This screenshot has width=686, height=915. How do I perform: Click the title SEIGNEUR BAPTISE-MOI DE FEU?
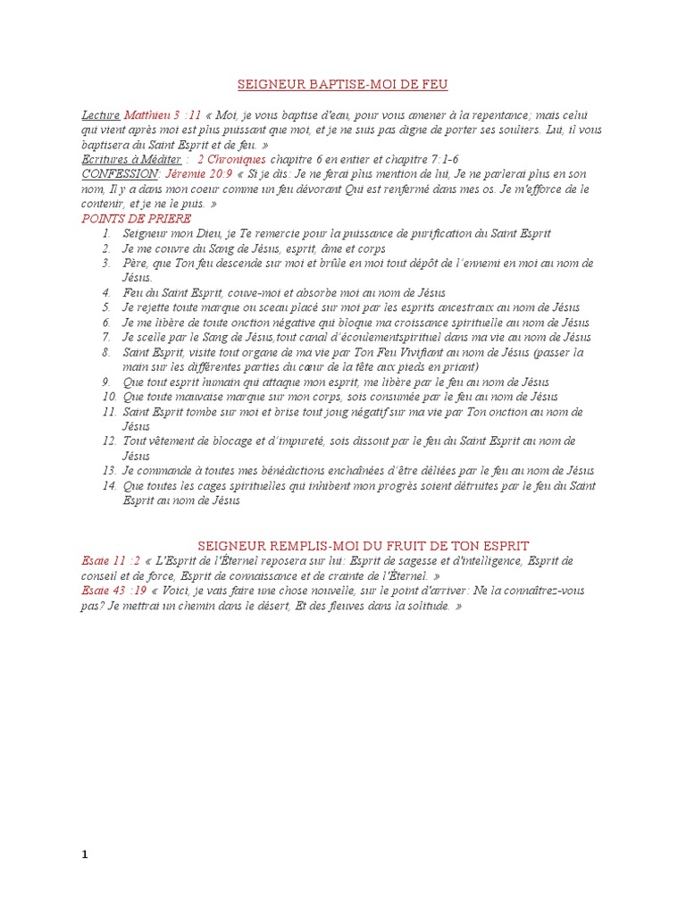(342, 85)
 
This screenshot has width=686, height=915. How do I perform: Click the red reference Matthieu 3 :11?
(155, 115)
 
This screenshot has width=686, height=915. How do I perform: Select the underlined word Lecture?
(100, 115)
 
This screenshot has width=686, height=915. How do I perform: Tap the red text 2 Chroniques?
(230, 158)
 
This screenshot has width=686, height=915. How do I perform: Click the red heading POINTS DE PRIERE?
(136, 218)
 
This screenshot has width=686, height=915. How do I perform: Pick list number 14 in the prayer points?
(109, 485)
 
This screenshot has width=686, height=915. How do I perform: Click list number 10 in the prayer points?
(109, 396)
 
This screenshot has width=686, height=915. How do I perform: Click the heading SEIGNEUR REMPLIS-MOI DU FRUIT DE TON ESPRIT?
(363, 545)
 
